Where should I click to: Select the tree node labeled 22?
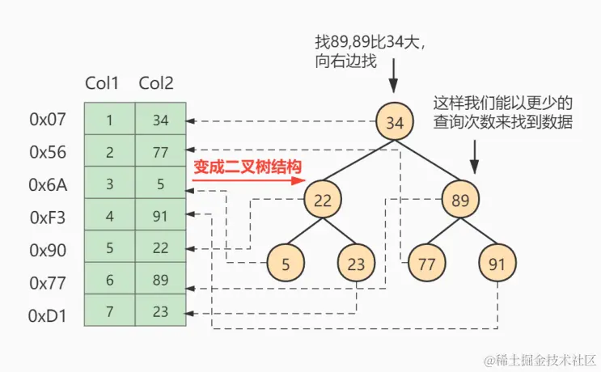(323, 200)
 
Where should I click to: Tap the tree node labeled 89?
(461, 200)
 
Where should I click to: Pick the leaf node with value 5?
(286, 263)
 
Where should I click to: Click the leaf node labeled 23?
(357, 263)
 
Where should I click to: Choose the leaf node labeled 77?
(426, 263)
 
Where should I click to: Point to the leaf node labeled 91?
(497, 263)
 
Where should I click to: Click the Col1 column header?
(102, 83)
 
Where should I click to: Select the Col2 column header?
(156, 83)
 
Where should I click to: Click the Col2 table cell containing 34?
(160, 120)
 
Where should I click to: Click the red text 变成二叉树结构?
(247, 167)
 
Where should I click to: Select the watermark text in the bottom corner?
(540, 358)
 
